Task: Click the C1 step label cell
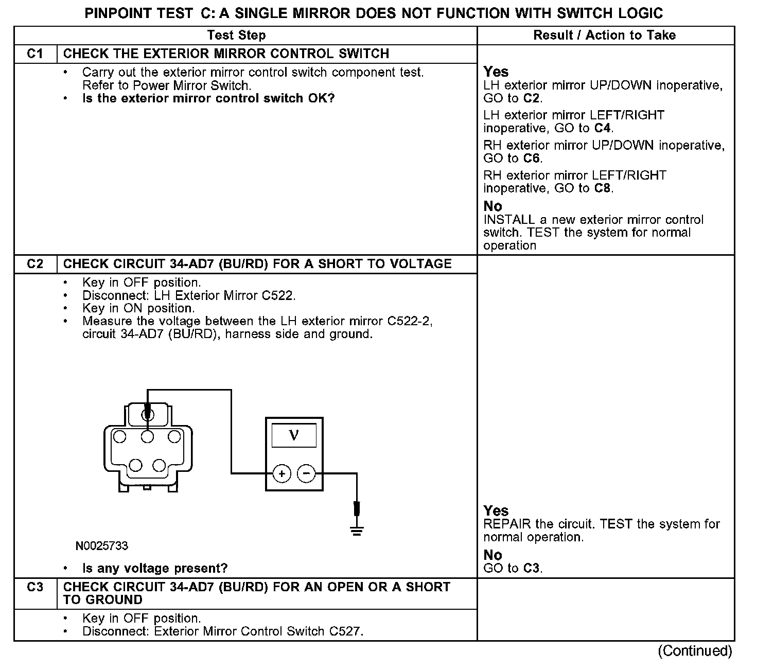point(35,54)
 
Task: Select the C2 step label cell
point(35,264)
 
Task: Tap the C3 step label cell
point(35,587)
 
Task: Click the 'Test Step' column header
point(236,36)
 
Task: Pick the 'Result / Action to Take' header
point(604,36)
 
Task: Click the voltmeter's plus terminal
point(282,473)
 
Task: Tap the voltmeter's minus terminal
point(307,473)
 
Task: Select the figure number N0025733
point(102,546)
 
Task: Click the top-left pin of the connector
point(120,437)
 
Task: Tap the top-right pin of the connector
point(174,437)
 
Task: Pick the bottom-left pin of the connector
point(135,465)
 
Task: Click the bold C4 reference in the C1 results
point(602,128)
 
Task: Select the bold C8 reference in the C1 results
point(602,188)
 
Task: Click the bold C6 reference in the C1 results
point(533,158)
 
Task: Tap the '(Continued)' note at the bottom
point(694,651)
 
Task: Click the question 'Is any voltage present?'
point(155,569)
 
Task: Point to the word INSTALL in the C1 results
point(509,220)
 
